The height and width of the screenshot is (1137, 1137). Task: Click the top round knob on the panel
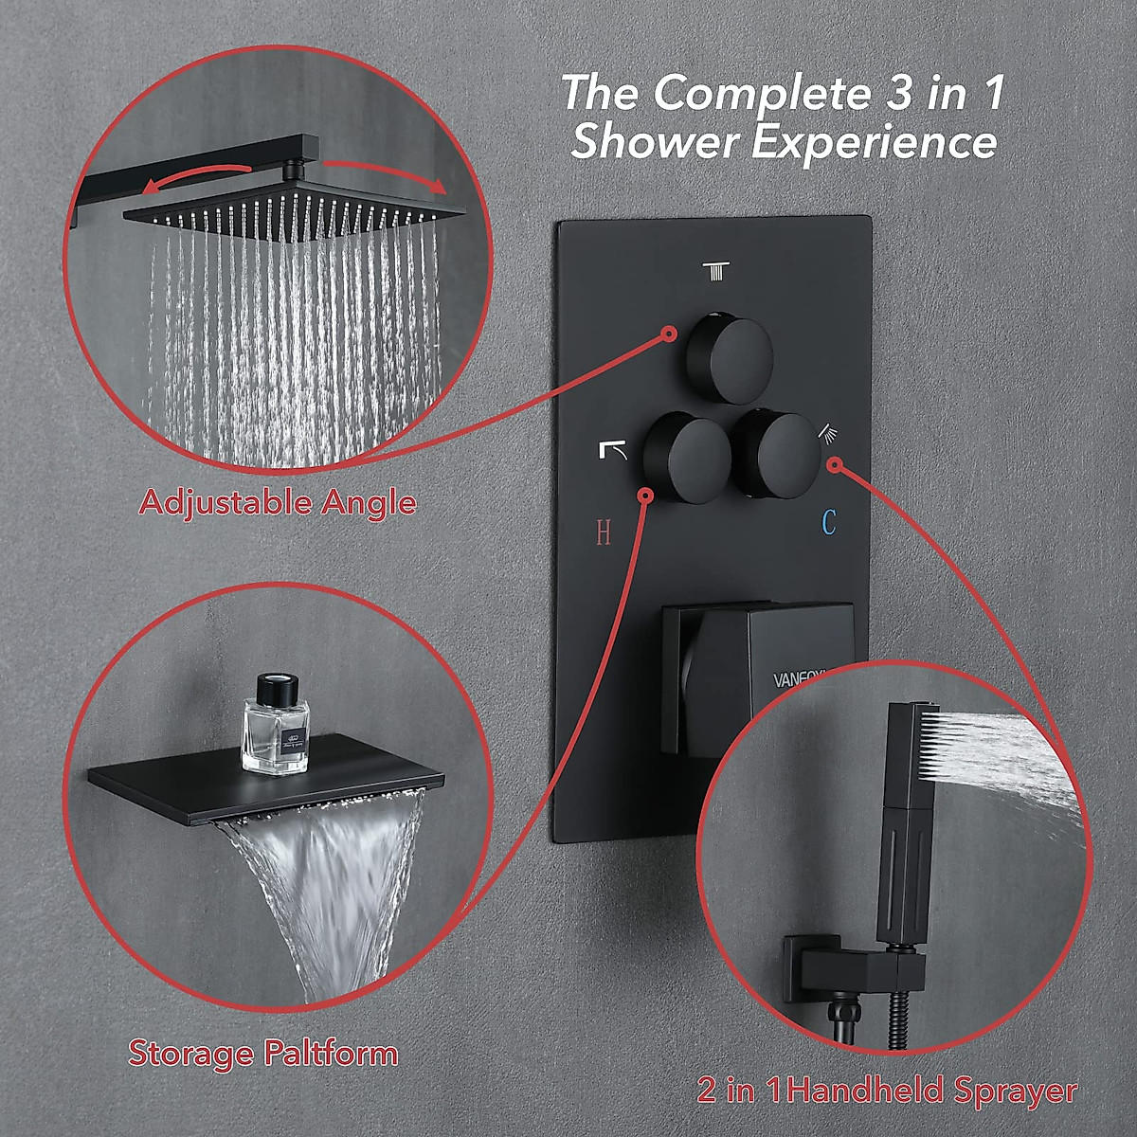pyautogui.click(x=731, y=361)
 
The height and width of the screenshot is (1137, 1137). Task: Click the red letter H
pyautogui.click(x=604, y=533)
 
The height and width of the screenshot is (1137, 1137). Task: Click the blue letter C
pyautogui.click(x=829, y=522)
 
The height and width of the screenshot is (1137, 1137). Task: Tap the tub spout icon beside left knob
pyautogui.click(x=613, y=449)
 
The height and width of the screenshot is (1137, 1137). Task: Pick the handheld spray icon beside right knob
pyautogui.click(x=828, y=433)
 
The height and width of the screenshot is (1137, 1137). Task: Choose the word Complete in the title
pyautogui.click(x=754, y=94)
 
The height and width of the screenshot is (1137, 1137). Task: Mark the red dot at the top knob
pyautogui.click(x=669, y=334)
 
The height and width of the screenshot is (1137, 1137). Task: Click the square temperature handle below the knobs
pyautogui.click(x=758, y=677)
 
